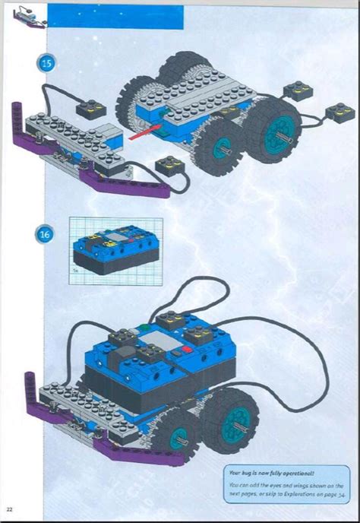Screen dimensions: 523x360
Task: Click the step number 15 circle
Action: [46, 64]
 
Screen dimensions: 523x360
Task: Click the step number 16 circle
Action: [46, 235]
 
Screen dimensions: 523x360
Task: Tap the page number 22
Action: [9, 508]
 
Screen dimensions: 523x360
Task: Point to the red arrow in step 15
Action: [143, 135]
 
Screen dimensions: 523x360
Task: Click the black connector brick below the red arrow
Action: [169, 164]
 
